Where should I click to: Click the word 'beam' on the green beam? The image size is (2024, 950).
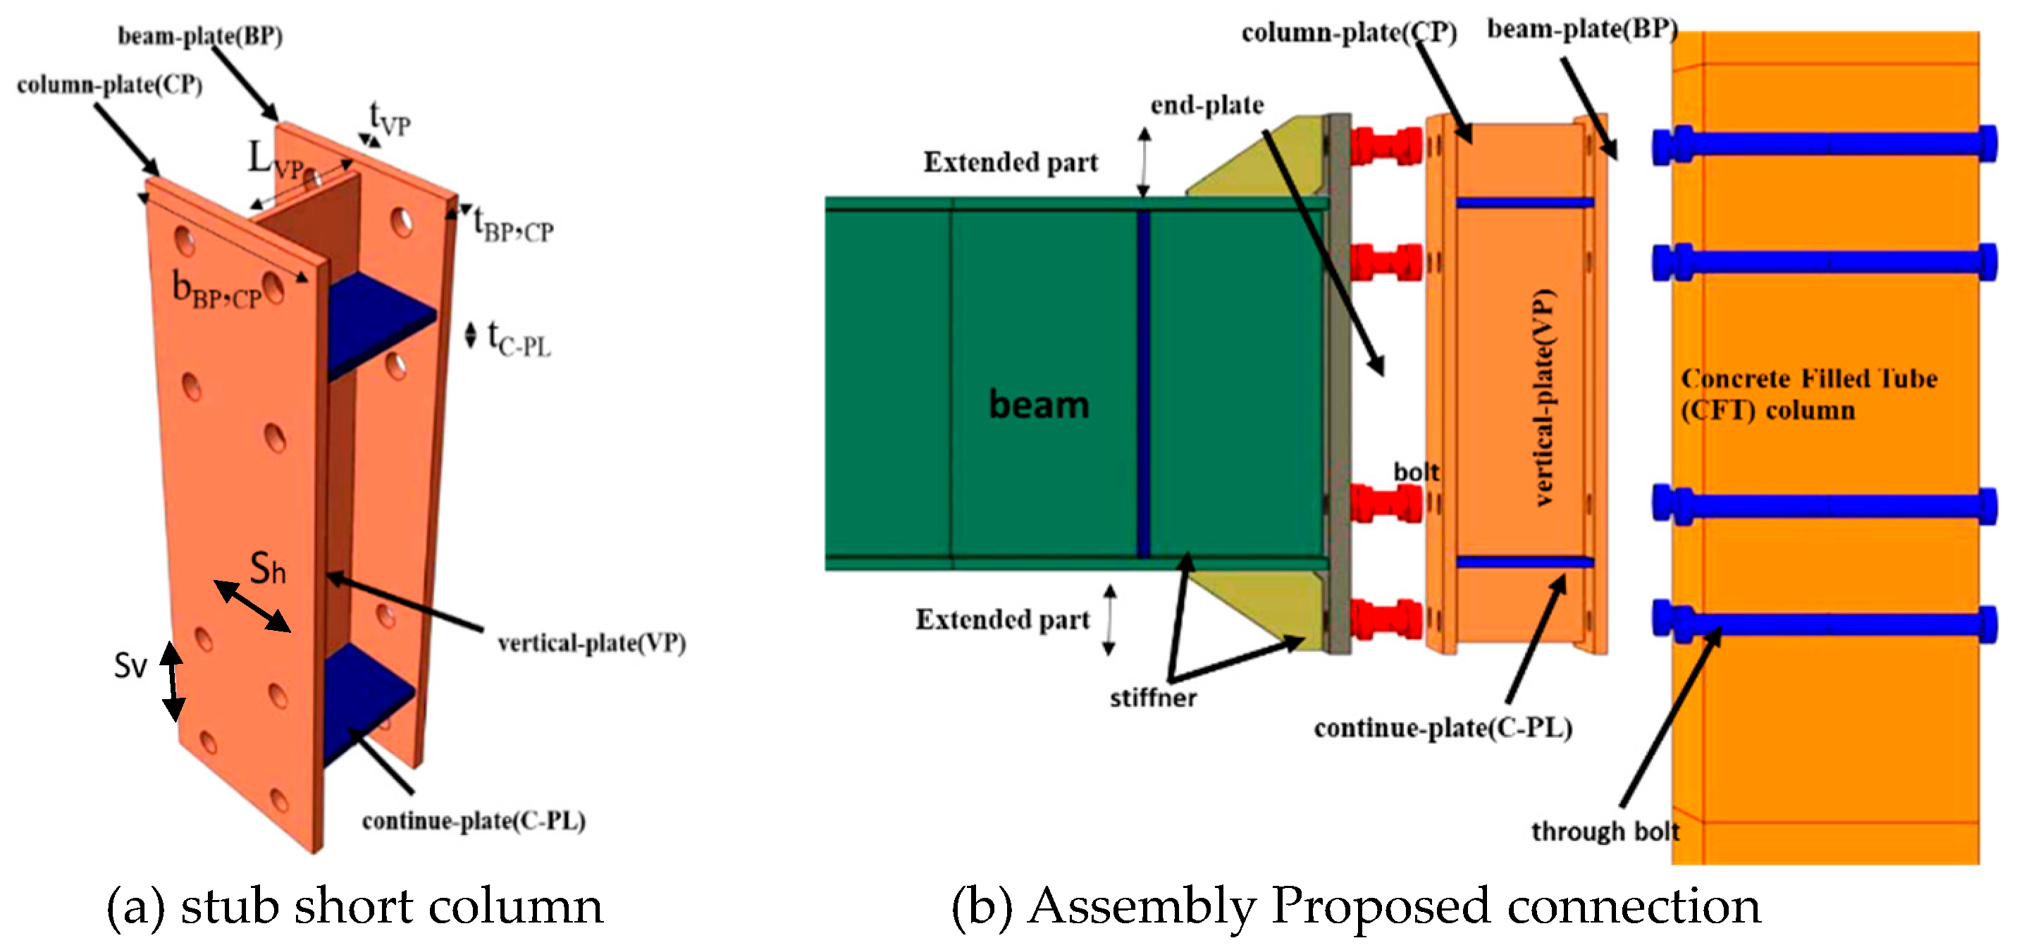tap(1038, 405)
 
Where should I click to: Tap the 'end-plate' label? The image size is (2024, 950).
tap(1207, 105)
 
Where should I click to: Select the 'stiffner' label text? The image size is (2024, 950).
tap(1153, 698)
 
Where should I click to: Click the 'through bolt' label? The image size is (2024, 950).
tap(1605, 832)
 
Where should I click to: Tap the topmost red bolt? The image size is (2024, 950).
tap(1386, 146)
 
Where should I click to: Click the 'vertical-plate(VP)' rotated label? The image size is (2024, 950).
tap(1543, 397)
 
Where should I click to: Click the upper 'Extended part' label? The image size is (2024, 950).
tap(1010, 163)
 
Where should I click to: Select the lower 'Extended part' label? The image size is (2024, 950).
tap(1002, 620)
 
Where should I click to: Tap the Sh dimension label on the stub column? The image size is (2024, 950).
tap(268, 568)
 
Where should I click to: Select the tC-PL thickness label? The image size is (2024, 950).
tap(519, 340)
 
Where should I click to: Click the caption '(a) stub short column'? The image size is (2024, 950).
tap(354, 907)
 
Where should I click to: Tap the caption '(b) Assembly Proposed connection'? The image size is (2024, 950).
tap(1355, 907)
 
